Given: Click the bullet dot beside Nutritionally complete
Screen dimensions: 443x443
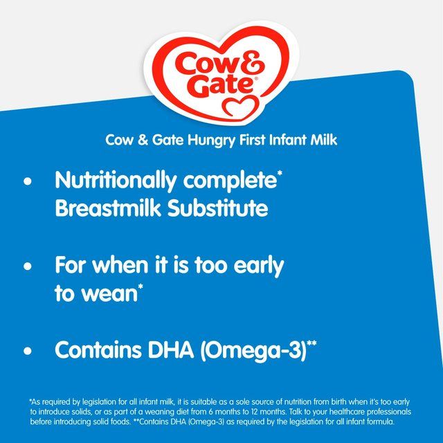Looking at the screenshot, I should click(28, 184).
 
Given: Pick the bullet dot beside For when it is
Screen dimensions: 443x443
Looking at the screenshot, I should click(28, 266).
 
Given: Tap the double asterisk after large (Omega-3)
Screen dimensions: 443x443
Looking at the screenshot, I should click(314, 343).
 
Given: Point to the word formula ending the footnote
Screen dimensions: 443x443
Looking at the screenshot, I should click(399, 422).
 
